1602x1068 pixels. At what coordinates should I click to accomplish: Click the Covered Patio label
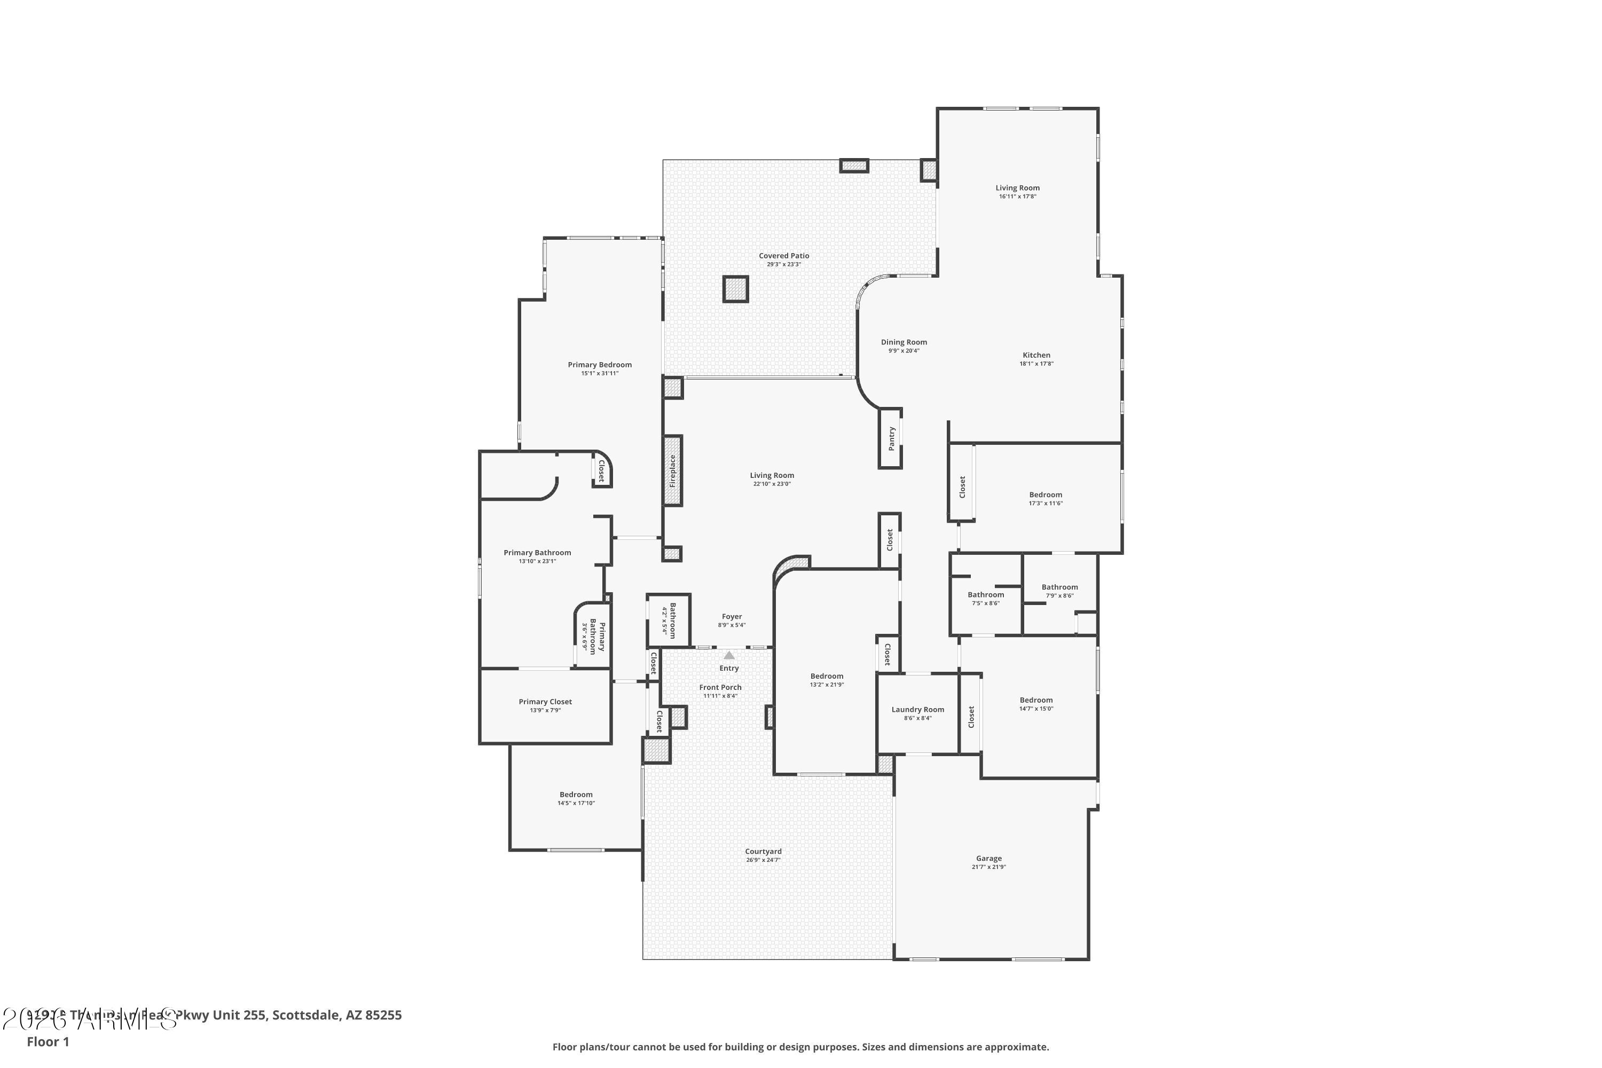tap(784, 256)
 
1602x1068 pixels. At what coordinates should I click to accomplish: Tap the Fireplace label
tap(672, 470)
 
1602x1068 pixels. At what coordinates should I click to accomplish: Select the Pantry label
tap(891, 438)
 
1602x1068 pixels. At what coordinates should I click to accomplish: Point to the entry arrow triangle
tap(729, 655)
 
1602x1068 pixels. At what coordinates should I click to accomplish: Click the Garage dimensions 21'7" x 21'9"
tap(988, 867)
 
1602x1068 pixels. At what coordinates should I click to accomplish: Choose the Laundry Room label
tap(917, 710)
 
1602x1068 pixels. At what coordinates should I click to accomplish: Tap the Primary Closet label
tap(545, 702)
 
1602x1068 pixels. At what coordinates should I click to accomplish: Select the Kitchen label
tap(1036, 355)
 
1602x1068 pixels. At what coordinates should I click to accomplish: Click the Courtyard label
tap(763, 851)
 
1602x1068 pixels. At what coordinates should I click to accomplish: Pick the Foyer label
tap(732, 616)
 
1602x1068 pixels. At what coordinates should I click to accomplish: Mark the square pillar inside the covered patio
tap(736, 289)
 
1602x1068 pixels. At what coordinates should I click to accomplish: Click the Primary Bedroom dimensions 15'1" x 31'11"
tap(599, 373)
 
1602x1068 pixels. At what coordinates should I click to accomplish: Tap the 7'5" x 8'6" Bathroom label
tap(986, 595)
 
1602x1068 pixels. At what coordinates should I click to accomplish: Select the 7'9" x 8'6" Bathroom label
tap(1059, 587)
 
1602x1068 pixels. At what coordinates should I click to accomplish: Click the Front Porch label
tap(720, 687)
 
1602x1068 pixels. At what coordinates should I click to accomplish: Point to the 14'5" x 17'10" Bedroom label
tap(576, 794)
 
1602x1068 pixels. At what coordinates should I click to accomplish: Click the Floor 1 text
tap(48, 1041)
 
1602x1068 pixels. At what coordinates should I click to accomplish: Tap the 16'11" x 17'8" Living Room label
tap(1017, 188)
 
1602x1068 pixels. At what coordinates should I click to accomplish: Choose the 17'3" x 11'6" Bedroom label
tap(1045, 495)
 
